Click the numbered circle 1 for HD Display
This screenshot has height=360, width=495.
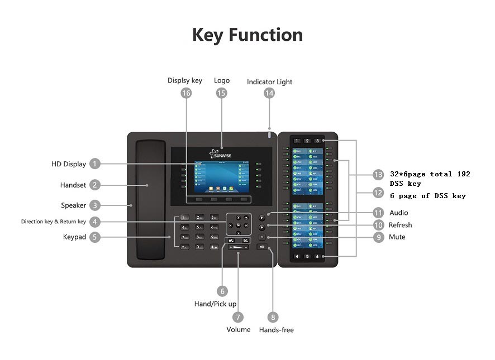point(95,164)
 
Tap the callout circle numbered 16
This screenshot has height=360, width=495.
point(186,93)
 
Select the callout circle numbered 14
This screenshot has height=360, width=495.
point(269,93)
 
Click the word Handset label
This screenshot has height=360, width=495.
point(73,185)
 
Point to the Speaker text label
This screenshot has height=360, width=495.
point(73,205)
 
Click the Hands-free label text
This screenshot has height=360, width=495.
point(276,330)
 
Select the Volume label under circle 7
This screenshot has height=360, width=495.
point(239,329)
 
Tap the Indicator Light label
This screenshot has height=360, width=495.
point(269,82)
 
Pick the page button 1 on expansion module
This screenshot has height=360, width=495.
point(297,141)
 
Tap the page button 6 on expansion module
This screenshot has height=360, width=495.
point(318,256)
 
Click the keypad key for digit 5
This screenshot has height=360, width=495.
point(199,227)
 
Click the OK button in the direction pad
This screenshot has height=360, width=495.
point(239,225)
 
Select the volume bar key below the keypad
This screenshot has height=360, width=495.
point(239,247)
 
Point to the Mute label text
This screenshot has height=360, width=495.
point(397,237)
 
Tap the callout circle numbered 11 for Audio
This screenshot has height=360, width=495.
point(378,213)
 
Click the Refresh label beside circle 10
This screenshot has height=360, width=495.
point(400,225)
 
